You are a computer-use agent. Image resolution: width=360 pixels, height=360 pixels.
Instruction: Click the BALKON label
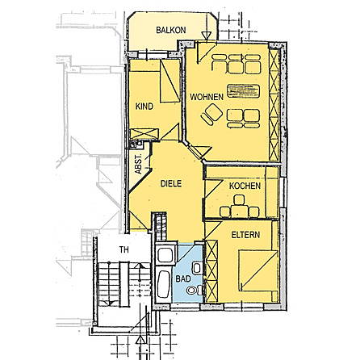tap(170, 30)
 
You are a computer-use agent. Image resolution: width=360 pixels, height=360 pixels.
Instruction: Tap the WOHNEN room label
tap(206, 96)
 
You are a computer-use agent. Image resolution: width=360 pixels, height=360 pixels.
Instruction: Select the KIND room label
tap(144, 107)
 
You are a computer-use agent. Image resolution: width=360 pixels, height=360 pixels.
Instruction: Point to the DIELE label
tap(170, 184)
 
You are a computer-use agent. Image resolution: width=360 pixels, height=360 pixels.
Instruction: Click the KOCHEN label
tap(245, 186)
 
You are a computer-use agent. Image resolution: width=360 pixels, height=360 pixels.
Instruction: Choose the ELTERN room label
tap(245, 235)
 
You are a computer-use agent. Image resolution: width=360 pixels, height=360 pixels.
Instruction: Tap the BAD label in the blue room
tap(182, 276)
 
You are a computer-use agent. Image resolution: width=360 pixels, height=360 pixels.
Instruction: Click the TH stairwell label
tap(123, 250)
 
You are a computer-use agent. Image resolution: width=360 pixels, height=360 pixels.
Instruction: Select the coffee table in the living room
tap(239, 90)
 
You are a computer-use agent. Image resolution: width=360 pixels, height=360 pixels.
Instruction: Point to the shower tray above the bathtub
tap(165, 255)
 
